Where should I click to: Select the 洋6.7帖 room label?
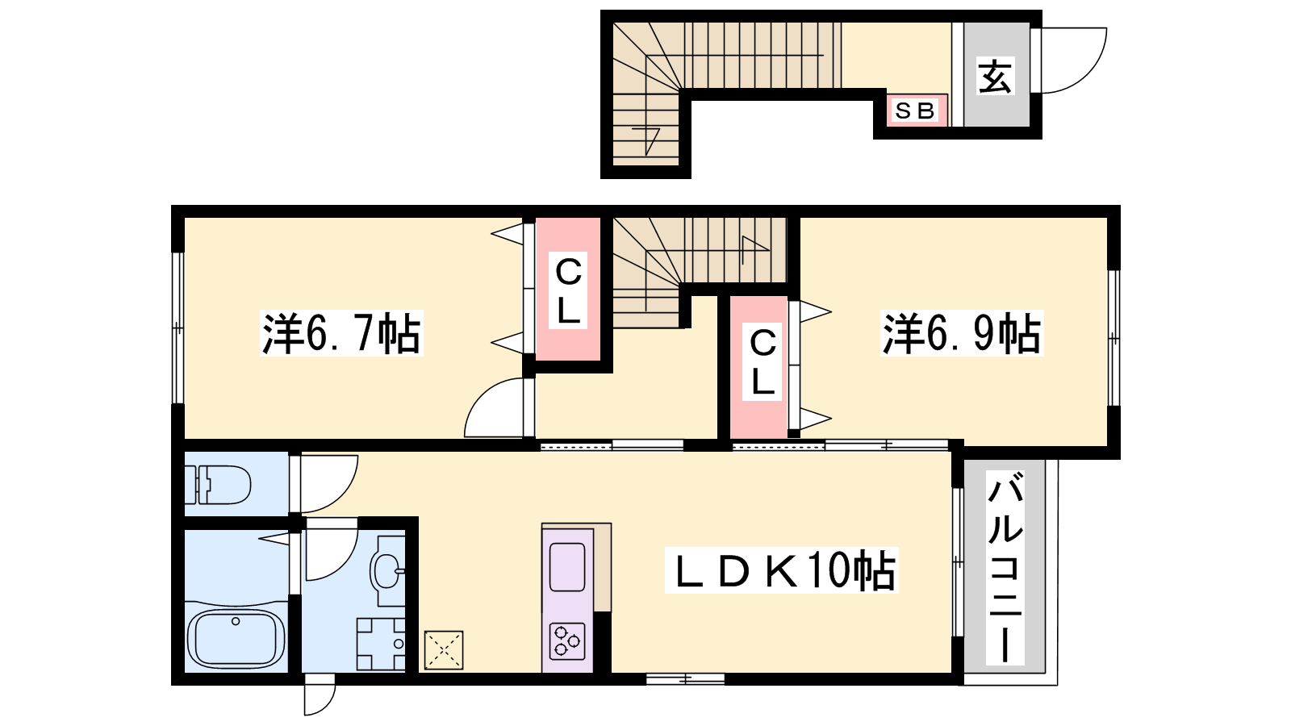click(341, 333)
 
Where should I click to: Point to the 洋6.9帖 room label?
click(961, 333)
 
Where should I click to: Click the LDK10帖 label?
click(782, 570)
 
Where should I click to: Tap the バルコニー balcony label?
click(1005, 568)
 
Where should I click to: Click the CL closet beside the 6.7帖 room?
click(568, 290)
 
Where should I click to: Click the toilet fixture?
click(218, 485)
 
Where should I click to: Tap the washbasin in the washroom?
click(387, 570)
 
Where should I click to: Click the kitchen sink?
click(568, 567)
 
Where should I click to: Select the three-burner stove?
click(568, 640)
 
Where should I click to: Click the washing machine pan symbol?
click(380, 645)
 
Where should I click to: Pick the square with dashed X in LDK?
click(444, 650)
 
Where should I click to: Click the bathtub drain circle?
click(235, 621)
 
